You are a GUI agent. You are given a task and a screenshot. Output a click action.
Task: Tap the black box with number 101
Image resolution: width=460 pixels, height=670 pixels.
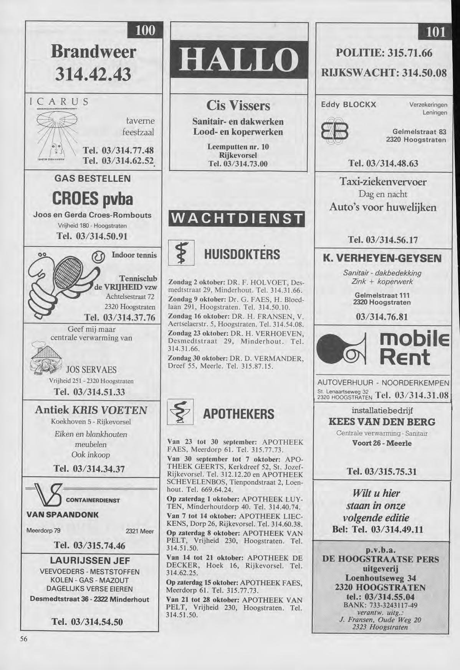435,32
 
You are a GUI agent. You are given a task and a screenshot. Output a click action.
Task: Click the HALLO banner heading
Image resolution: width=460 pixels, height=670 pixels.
239,60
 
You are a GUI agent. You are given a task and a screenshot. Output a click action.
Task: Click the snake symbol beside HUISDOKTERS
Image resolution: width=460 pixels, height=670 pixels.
178,253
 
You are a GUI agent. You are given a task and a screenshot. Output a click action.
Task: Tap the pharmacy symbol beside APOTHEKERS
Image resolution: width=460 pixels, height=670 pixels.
180,413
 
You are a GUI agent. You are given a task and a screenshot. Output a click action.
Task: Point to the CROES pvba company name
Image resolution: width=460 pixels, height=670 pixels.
92,199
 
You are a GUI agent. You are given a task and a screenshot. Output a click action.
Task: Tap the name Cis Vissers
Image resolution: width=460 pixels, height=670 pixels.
238,105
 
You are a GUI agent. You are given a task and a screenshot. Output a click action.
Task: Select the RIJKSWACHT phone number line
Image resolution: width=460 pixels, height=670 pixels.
381,72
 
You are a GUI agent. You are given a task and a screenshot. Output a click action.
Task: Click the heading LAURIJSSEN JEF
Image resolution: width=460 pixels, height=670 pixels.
91,560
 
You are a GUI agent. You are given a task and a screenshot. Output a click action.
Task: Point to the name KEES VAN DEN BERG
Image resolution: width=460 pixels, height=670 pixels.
382,422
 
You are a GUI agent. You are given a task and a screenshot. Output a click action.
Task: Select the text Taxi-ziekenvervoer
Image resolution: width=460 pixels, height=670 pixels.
383,181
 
